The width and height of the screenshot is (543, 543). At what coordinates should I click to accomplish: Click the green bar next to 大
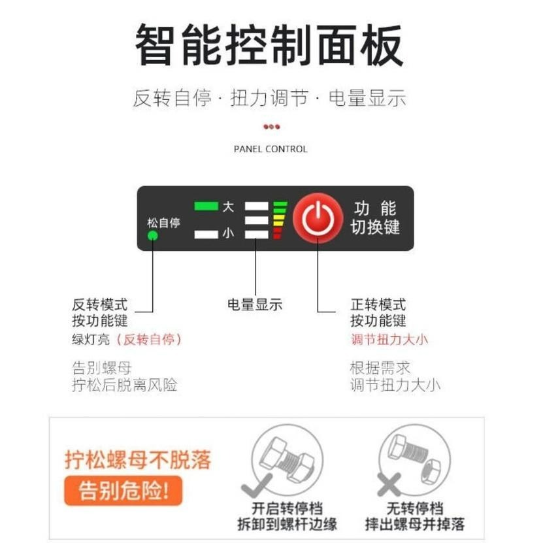pyautogui.click(x=206, y=206)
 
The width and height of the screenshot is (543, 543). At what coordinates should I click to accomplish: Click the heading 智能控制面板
pyautogui.click(x=269, y=44)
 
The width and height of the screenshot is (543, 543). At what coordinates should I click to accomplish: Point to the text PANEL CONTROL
pyautogui.click(x=271, y=149)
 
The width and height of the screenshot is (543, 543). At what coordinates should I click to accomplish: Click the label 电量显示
pyautogui.click(x=255, y=304)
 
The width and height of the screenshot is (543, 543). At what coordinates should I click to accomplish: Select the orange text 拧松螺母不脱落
pyautogui.click(x=138, y=459)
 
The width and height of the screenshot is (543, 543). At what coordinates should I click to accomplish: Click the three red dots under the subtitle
pyautogui.click(x=271, y=127)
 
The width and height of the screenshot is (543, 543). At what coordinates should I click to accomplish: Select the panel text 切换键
pyautogui.click(x=376, y=228)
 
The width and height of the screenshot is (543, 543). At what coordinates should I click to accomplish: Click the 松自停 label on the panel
pyautogui.click(x=163, y=223)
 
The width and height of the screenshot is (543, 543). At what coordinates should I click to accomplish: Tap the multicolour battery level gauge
pyautogui.click(x=280, y=220)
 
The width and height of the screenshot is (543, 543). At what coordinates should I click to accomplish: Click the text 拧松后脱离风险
pyautogui.click(x=124, y=385)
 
